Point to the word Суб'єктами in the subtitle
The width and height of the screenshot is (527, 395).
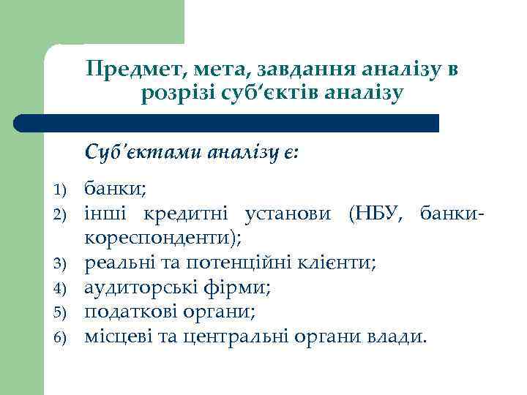tap(143, 152)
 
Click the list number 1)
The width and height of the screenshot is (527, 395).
tap(61, 190)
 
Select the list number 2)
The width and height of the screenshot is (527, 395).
tap(61, 214)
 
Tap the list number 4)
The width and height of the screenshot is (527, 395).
tap(61, 287)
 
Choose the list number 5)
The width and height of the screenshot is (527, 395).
tap(61, 312)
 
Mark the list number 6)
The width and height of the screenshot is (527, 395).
tap(61, 336)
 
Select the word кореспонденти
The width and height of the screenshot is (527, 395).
tap(161, 238)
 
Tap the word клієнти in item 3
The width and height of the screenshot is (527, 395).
tap(339, 262)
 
